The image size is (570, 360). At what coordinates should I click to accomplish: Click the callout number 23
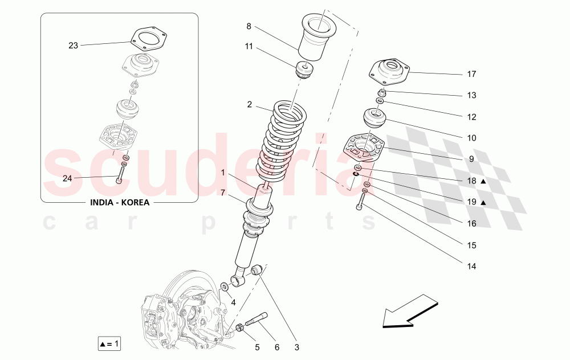pos(73,46)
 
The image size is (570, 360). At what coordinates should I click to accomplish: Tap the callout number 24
pos(67,178)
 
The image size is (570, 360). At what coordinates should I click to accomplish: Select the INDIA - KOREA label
pos(119,202)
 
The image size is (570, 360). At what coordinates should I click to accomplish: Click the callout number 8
pos(249,26)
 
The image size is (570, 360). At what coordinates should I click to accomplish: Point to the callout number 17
pos(471,74)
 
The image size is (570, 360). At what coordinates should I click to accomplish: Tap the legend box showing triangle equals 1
pos(109,343)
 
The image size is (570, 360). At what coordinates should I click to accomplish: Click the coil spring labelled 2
pos(284,140)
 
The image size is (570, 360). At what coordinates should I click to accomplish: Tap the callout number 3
pos(296,346)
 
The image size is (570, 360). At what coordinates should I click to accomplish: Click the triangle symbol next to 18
pos(483,181)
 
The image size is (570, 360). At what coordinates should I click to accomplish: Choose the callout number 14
pos(471,266)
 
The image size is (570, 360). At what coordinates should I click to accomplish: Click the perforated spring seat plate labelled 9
pos(363,148)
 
